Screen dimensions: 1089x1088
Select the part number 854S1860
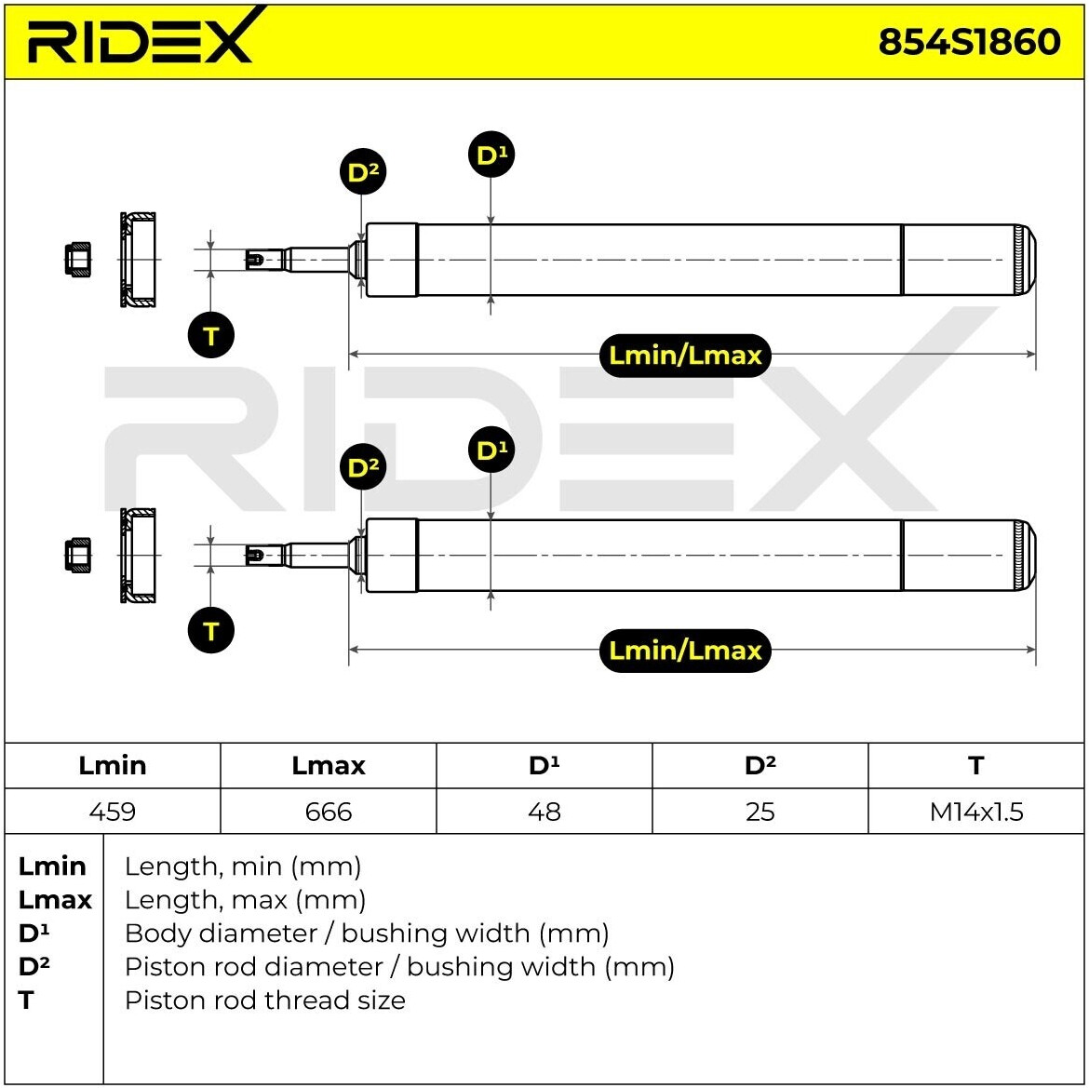click(970, 42)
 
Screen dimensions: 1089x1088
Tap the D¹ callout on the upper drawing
click(491, 154)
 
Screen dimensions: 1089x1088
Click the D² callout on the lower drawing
click(363, 466)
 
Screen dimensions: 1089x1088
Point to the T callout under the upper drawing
click(211, 335)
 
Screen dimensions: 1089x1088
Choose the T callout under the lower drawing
click(211, 630)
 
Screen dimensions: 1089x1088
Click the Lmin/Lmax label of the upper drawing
click(685, 356)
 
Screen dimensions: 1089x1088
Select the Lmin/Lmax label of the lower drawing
click(685, 651)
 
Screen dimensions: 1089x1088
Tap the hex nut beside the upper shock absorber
click(78, 260)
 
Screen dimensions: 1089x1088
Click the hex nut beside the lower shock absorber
click(78, 555)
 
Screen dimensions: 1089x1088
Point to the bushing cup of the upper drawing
click(138, 260)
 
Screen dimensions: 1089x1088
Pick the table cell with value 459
click(113, 811)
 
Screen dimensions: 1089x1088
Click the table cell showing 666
click(329, 811)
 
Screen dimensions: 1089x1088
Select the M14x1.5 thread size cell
click(975, 811)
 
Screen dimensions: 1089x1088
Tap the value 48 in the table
click(544, 812)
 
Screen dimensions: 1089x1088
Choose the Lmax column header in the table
click(329, 765)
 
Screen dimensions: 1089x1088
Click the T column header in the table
click(975, 765)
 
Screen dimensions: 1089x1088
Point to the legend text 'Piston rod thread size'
click(264, 1001)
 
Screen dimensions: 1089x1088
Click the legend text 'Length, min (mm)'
click(243, 866)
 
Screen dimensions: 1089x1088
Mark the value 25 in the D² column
click(760, 812)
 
